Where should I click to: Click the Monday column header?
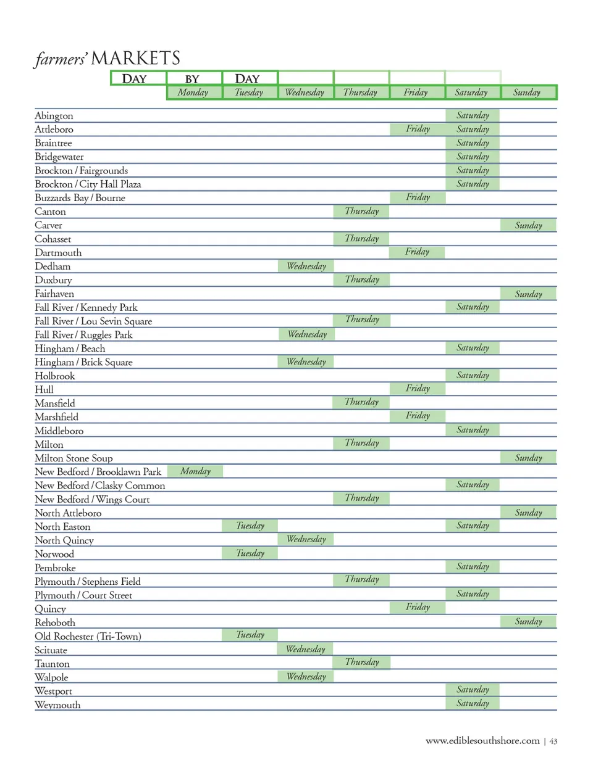click(x=193, y=93)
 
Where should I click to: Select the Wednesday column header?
click(x=305, y=93)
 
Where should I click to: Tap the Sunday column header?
click(x=527, y=93)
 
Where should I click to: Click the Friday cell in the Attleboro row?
click(x=418, y=129)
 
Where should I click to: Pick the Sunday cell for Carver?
click(x=529, y=225)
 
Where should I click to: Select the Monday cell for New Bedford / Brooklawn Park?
click(x=195, y=471)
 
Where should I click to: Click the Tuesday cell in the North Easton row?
click(x=250, y=526)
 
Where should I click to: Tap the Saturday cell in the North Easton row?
click(x=473, y=526)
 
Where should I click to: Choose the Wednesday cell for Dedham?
click(x=306, y=266)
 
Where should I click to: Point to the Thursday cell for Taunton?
click(x=362, y=662)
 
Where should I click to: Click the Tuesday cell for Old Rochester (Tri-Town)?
click(x=250, y=635)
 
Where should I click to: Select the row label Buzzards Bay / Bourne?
click(x=80, y=198)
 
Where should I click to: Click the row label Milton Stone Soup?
click(x=74, y=458)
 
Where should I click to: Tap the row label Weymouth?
click(x=57, y=705)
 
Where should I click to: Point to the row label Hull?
click(x=44, y=390)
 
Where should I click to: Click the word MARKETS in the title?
click(x=136, y=59)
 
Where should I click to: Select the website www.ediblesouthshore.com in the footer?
click(x=482, y=741)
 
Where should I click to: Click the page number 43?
click(x=553, y=741)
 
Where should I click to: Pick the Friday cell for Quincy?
click(x=418, y=607)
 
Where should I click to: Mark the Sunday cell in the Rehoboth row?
click(x=529, y=621)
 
